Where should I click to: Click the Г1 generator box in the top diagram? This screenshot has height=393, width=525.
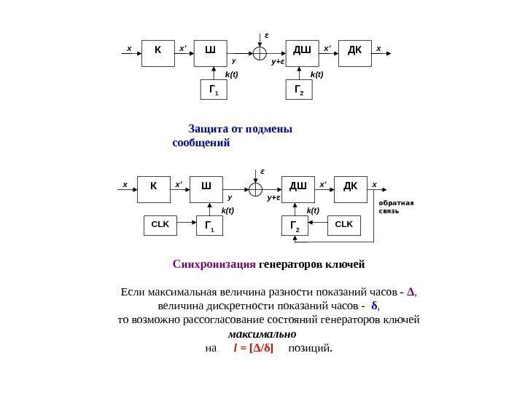tap(214, 90)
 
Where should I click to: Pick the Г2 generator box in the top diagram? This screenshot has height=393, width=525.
tap(298, 90)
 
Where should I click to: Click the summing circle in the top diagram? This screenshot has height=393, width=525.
tap(260, 53)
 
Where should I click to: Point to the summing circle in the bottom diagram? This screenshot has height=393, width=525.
tap(256, 188)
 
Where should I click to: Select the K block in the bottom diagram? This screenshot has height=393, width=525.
tap(154, 188)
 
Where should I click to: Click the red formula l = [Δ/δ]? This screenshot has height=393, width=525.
tap(257, 348)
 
